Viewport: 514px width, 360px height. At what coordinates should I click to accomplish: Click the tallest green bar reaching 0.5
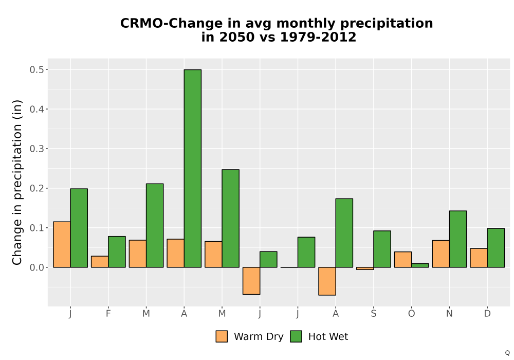(193, 168)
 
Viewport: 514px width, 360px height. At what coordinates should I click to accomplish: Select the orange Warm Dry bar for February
(100, 262)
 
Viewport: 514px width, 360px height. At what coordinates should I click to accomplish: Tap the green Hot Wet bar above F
(117, 252)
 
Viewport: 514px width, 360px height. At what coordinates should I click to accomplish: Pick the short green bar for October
(420, 265)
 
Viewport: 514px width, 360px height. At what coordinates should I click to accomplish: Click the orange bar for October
(403, 259)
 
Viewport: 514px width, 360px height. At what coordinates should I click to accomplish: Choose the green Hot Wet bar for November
(458, 239)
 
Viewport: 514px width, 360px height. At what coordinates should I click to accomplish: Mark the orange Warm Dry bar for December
(479, 258)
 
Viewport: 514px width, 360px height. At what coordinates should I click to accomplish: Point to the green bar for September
(382, 249)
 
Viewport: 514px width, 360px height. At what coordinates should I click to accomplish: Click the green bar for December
(495, 248)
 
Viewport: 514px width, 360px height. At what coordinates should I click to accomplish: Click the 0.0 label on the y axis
(36, 267)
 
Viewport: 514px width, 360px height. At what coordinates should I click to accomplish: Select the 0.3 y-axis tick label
(36, 149)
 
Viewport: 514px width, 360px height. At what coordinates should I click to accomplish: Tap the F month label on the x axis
(108, 314)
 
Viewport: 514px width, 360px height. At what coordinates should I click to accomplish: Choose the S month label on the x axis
(373, 314)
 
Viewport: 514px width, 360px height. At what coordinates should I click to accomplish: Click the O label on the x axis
(411, 314)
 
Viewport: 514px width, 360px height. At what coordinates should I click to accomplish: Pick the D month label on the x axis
(487, 314)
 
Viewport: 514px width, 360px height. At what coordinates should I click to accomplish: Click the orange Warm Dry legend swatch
(222, 336)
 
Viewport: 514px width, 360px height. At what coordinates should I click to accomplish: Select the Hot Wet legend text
(328, 336)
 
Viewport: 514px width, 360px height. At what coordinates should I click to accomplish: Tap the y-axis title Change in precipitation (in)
(17, 182)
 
